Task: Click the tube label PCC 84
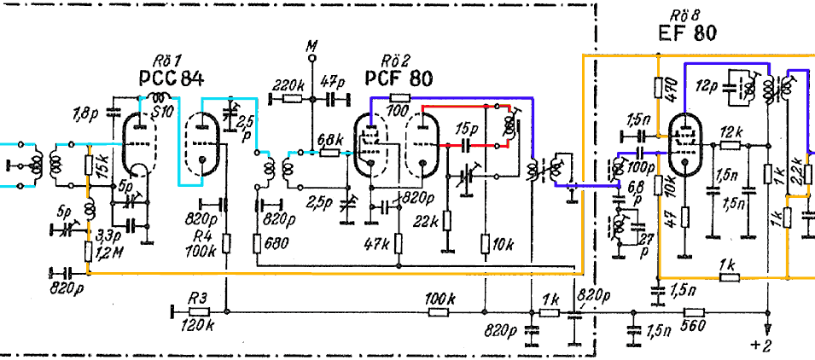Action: (x=170, y=78)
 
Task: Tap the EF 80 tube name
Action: (x=687, y=34)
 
